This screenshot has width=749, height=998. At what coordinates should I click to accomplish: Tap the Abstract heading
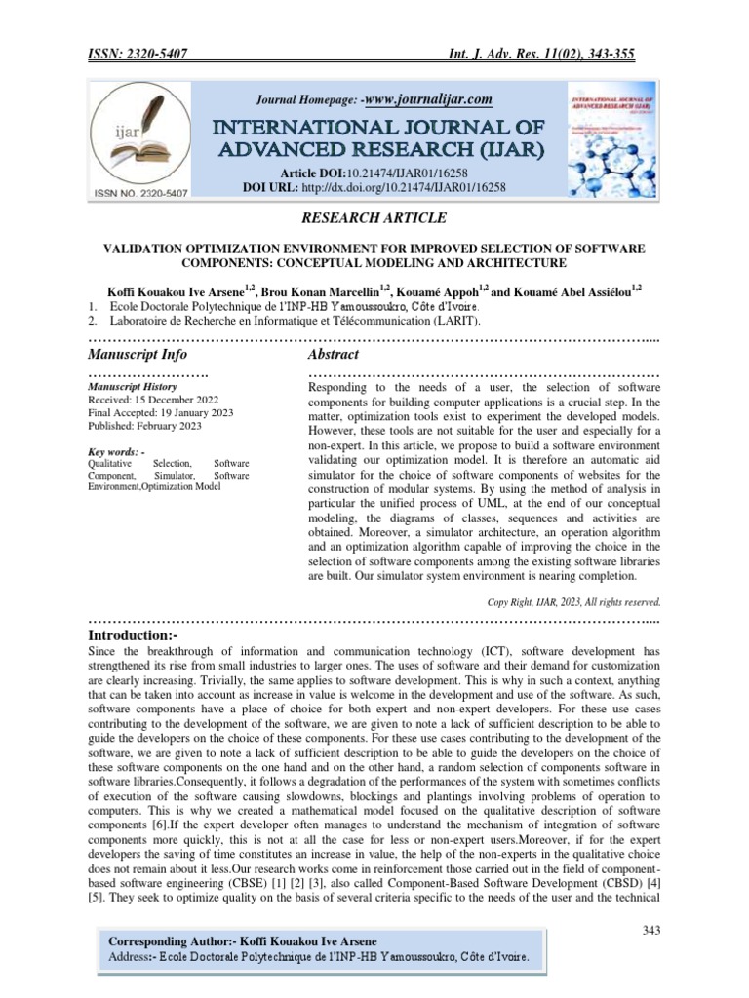pyautogui.click(x=334, y=354)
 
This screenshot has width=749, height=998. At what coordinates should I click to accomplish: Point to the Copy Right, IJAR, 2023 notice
pyautogui.click(x=574, y=601)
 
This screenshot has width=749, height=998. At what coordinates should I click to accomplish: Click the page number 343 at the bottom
pyautogui.click(x=651, y=930)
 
